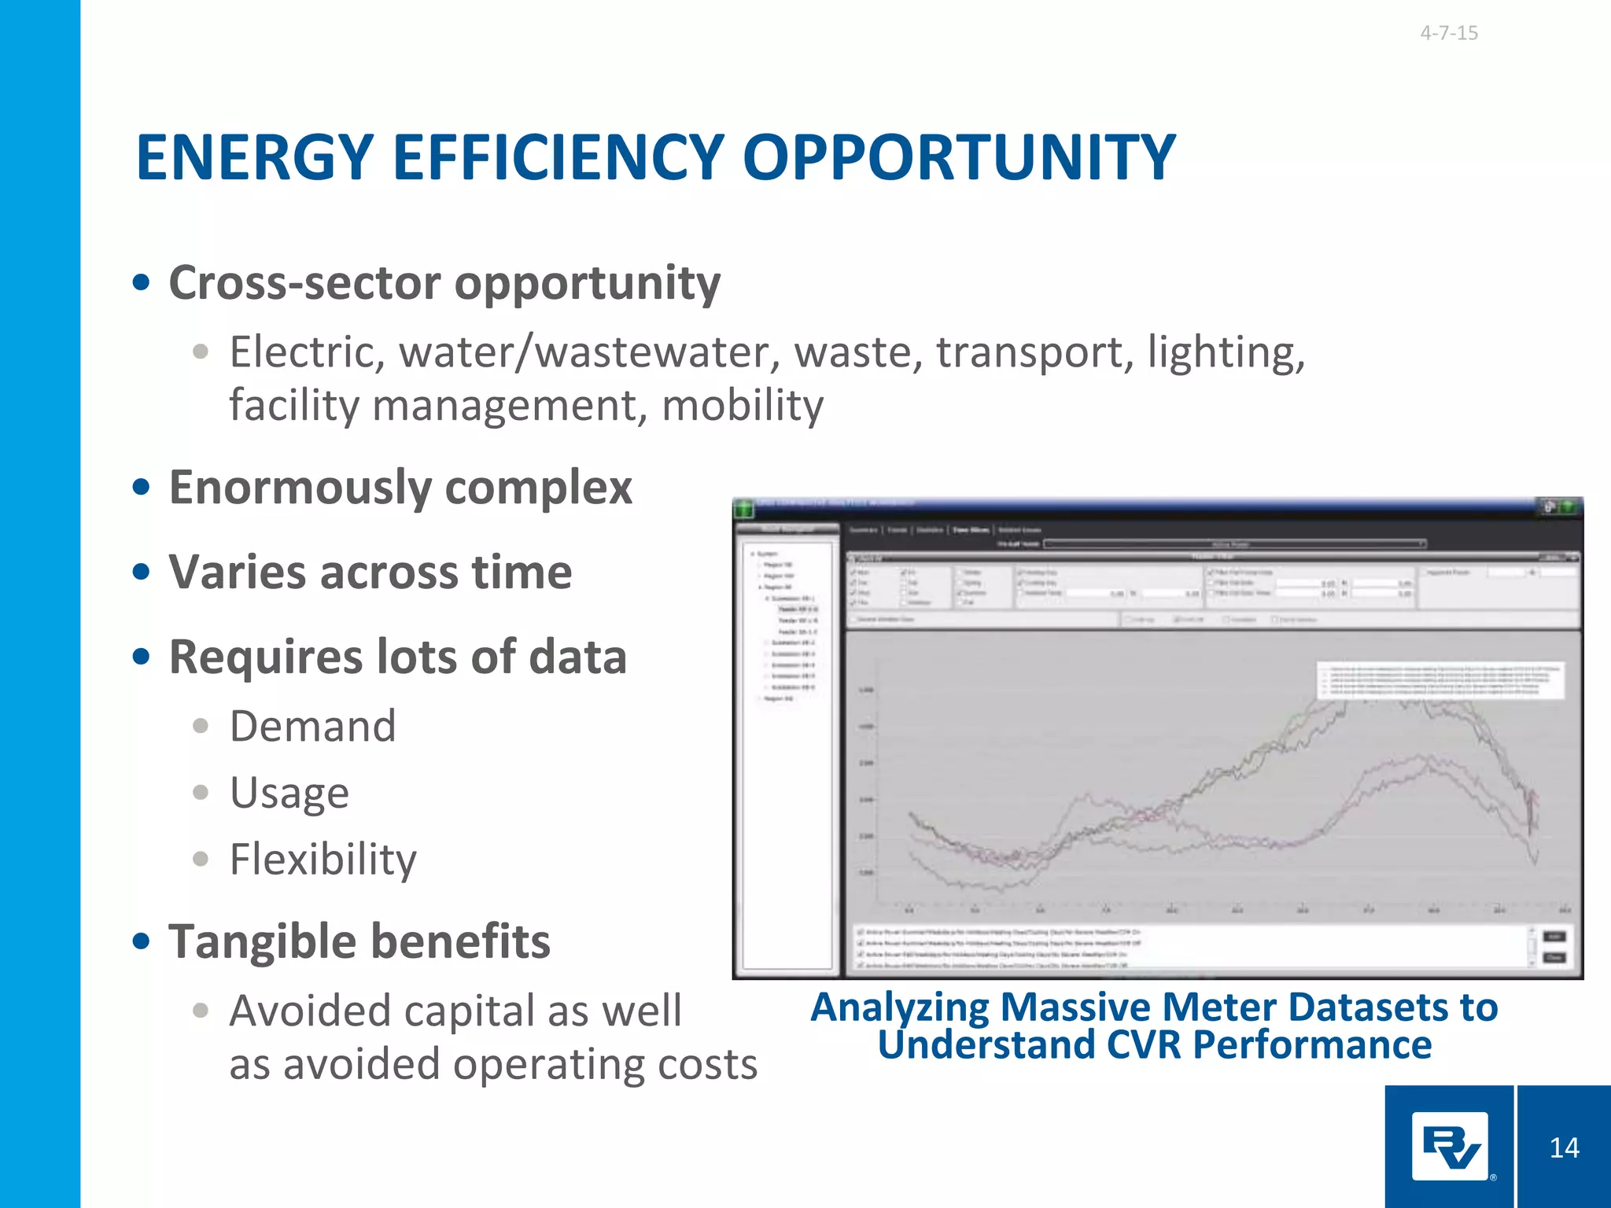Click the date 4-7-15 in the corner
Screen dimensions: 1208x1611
click(1448, 33)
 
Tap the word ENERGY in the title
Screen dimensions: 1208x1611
click(254, 157)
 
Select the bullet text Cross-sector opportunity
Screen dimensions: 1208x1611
click(444, 283)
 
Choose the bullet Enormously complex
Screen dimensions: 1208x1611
click(400, 488)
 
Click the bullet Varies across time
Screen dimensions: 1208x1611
click(370, 572)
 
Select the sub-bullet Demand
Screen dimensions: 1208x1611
click(312, 726)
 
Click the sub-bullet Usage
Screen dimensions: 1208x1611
click(289, 793)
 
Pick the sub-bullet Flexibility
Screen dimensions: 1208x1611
click(323, 859)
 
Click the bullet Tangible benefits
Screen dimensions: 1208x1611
click(359, 941)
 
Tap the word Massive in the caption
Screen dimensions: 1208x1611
click(1075, 1007)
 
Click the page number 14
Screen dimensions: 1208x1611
click(1564, 1148)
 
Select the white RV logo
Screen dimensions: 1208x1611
click(1449, 1147)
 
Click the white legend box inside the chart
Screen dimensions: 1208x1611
click(1440, 680)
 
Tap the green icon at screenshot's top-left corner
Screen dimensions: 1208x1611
click(743, 508)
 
